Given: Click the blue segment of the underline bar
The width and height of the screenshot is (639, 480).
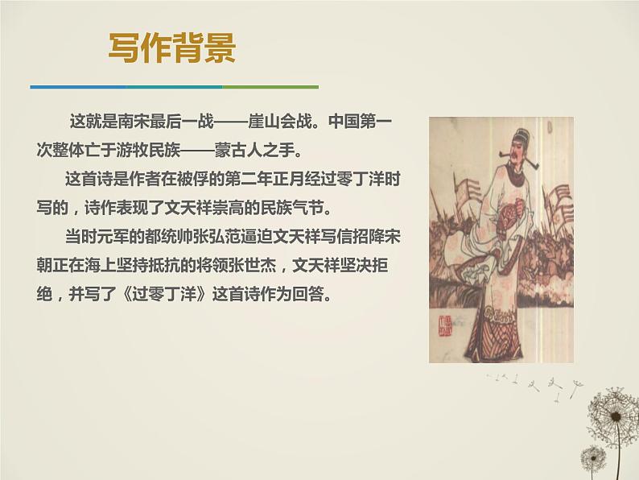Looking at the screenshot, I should pos(77,86).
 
